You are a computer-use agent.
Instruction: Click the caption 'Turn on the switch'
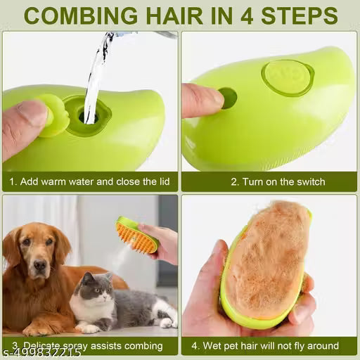point(278,181)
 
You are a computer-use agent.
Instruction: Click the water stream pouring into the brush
point(96,70)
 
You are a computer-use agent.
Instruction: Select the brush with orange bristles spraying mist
point(136,235)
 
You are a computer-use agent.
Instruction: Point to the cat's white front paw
point(88,328)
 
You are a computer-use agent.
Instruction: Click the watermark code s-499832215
point(41,353)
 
